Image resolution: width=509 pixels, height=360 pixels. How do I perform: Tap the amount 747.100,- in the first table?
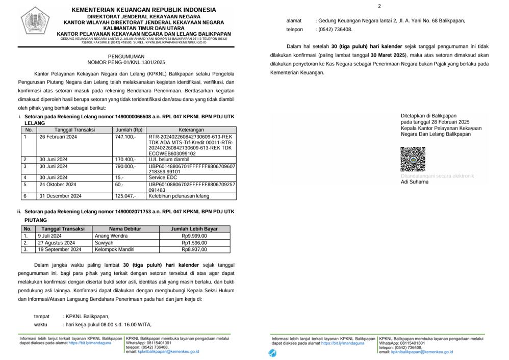click(125, 137)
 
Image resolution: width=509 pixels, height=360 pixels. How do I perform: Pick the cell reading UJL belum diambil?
click(168, 160)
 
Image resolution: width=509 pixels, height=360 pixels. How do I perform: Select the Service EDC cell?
click(162, 177)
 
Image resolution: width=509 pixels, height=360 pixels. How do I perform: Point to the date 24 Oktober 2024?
click(58, 185)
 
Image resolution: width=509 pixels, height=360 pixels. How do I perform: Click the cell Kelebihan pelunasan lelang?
click(179, 196)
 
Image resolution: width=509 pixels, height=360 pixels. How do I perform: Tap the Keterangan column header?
click(191, 130)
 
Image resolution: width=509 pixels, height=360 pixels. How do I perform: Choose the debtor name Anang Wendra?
click(111, 236)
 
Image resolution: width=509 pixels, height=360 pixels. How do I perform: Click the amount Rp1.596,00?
click(194, 243)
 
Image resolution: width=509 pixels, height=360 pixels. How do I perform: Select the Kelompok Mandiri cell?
click(115, 249)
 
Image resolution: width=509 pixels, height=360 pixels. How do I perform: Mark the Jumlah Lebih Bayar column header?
click(194, 229)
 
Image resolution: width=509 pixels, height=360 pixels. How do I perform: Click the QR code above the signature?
click(413, 159)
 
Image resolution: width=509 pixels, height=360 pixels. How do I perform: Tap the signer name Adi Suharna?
click(415, 182)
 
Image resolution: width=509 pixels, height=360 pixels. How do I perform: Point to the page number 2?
click(379, 6)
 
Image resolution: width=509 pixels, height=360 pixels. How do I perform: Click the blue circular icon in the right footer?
click(273, 353)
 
